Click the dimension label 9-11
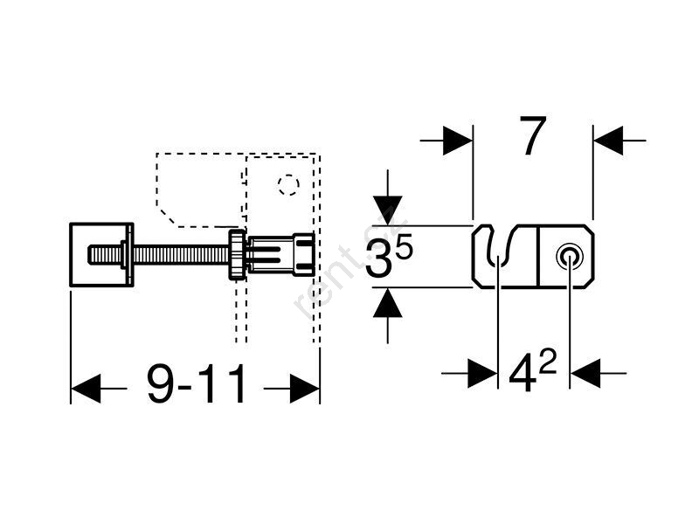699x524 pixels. (x=197, y=385)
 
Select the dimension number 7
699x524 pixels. (x=533, y=136)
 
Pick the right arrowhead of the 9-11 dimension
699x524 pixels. (x=304, y=386)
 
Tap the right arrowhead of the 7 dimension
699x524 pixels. (x=608, y=140)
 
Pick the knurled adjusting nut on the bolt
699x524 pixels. (x=237, y=254)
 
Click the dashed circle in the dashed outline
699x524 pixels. (x=287, y=185)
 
